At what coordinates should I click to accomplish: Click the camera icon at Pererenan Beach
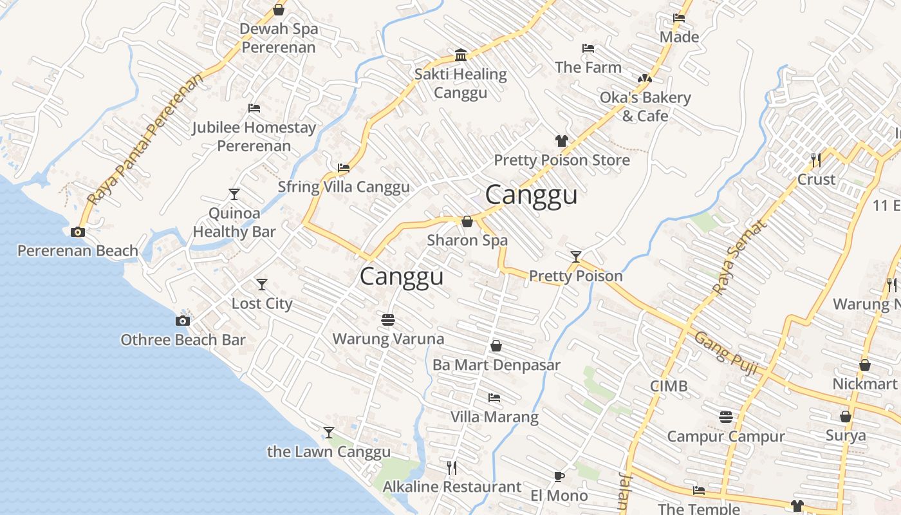point(78,232)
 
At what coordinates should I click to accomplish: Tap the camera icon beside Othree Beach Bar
point(183,321)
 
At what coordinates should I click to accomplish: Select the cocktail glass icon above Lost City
point(262,284)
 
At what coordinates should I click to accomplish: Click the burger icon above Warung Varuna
point(387,319)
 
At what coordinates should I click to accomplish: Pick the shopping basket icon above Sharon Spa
point(467,221)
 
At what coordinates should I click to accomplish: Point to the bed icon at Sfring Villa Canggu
point(344,168)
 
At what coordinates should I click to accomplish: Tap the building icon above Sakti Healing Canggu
point(461,55)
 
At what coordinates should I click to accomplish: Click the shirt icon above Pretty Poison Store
point(562,141)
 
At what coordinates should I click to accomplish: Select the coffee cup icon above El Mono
point(559,476)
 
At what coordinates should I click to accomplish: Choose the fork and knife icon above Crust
point(816,160)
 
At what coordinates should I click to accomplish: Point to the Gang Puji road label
point(726,354)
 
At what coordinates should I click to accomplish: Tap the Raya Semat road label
point(741,257)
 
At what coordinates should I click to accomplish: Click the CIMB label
point(669,386)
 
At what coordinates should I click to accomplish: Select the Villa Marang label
point(494,417)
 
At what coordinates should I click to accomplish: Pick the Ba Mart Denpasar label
point(496,365)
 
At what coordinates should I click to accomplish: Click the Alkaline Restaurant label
point(452,487)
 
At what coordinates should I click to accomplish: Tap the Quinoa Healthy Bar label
point(234,223)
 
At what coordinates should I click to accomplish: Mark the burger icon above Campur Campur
point(726,417)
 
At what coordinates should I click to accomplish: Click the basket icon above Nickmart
point(865,365)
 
